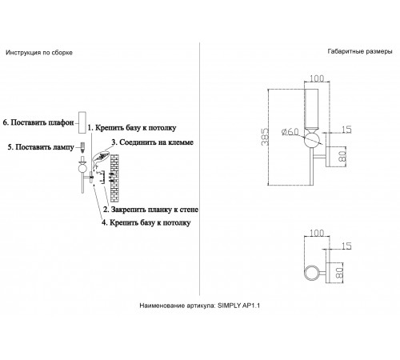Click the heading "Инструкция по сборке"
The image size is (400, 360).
click(x=39, y=53)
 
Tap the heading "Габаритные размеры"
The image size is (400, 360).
click(x=360, y=51)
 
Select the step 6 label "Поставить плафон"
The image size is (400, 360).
click(x=38, y=122)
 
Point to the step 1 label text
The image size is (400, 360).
click(x=132, y=128)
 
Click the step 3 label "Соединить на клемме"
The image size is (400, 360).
click(x=152, y=142)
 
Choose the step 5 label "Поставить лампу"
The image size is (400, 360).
click(x=41, y=147)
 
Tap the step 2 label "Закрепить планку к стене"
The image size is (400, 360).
click(x=150, y=210)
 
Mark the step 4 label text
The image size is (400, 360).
click(x=146, y=222)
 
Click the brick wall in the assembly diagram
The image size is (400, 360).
click(x=114, y=178)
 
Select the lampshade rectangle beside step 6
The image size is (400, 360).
click(x=82, y=122)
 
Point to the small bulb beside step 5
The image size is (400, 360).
click(x=82, y=146)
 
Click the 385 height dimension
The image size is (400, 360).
click(x=265, y=137)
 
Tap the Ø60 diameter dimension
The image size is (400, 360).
click(x=290, y=132)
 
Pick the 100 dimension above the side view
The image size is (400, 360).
click(x=317, y=78)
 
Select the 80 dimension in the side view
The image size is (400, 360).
click(x=342, y=156)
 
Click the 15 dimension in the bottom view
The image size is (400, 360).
click(x=346, y=246)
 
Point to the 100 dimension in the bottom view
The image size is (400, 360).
click(x=317, y=233)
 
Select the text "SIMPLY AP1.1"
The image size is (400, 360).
click(x=238, y=306)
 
